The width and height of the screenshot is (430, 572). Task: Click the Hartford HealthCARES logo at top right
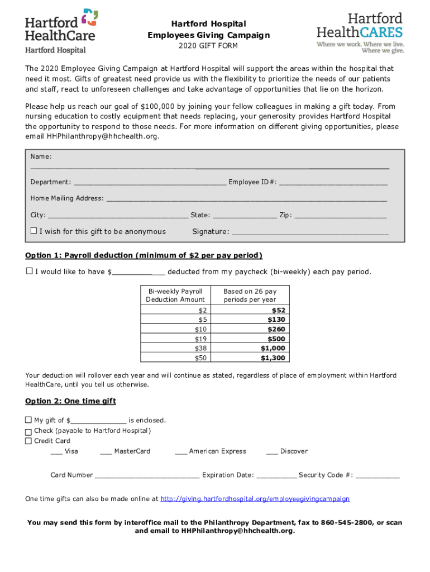pyautogui.click(x=360, y=32)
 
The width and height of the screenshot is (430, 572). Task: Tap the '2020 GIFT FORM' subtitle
pyautogui.click(x=208, y=46)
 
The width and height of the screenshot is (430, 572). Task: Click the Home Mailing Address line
pyautogui.click(x=246, y=199)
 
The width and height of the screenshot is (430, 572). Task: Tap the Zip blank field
pyautogui.click(x=340, y=216)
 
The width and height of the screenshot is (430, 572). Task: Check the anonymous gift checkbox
pyautogui.click(x=34, y=231)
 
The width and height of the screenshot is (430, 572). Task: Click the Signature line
pyautogui.click(x=310, y=232)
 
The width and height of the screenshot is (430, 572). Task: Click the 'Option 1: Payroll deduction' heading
pyautogui.click(x=144, y=256)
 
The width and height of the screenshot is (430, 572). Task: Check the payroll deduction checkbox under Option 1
pyautogui.click(x=29, y=271)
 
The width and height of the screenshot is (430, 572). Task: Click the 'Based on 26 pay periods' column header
pyautogui.click(x=250, y=295)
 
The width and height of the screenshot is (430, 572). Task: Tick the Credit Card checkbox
pyautogui.click(x=28, y=441)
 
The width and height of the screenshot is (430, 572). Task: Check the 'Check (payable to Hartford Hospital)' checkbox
pyautogui.click(x=28, y=432)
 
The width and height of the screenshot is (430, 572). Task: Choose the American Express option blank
pyautogui.click(x=180, y=451)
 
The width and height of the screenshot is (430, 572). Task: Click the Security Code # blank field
pyautogui.click(x=378, y=475)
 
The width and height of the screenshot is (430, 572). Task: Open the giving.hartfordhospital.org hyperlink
pyautogui.click(x=255, y=499)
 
